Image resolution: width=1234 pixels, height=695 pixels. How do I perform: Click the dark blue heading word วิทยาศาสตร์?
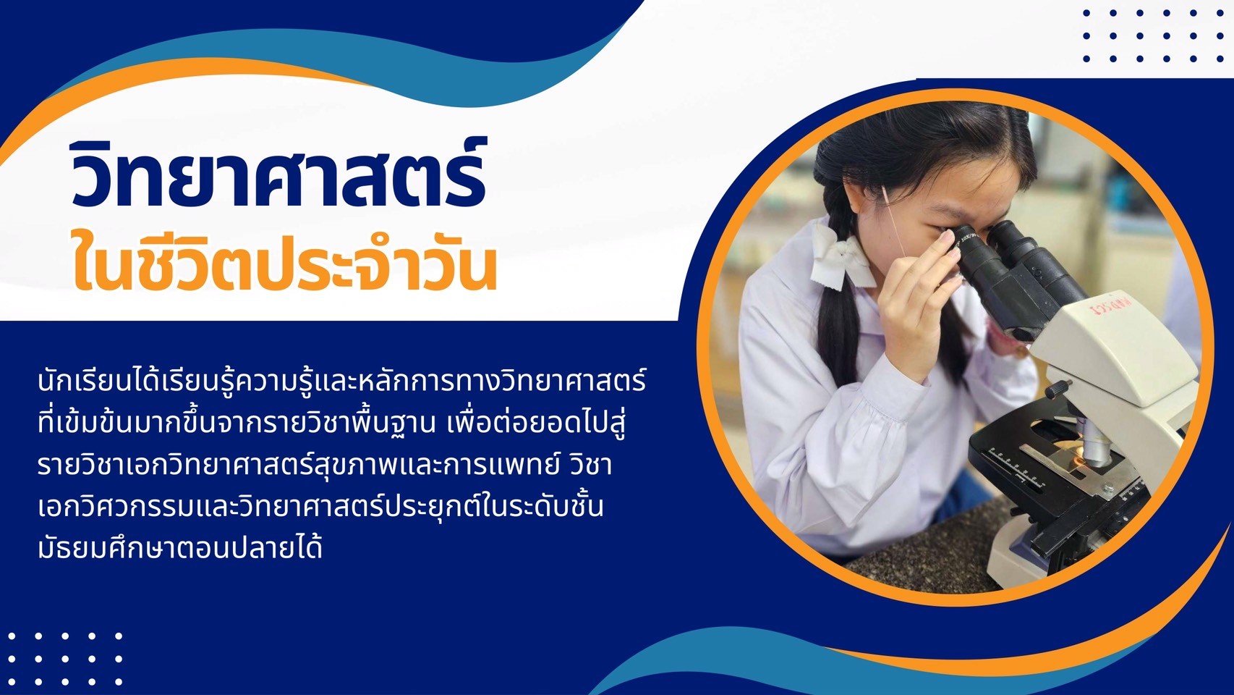tap(278, 174)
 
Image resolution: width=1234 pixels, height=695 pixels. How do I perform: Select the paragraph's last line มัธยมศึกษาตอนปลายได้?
tap(180, 548)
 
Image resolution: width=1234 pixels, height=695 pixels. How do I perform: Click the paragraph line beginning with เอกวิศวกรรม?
tap(320, 506)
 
